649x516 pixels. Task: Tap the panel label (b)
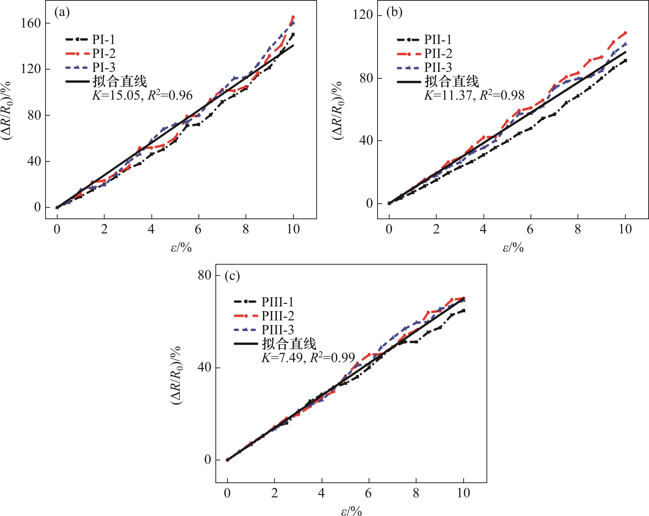tap(394, 13)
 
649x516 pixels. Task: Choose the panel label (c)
tap(232, 276)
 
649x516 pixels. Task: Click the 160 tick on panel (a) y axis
tap(30, 24)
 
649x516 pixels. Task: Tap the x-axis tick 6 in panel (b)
tap(530, 229)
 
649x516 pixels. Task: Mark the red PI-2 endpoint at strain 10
tap(293, 17)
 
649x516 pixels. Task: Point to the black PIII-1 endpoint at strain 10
tap(464, 310)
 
